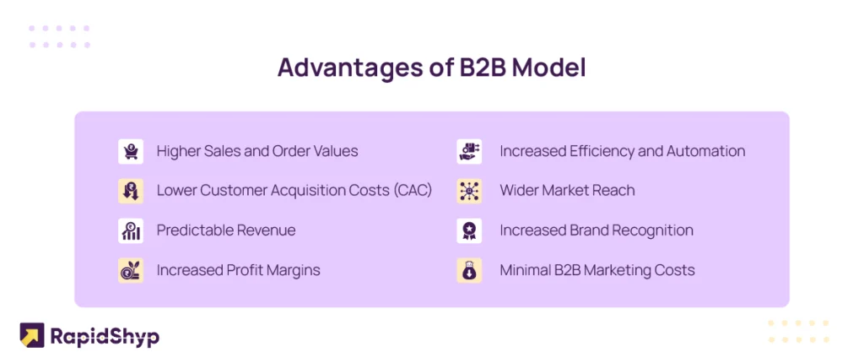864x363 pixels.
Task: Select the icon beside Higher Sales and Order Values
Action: (x=131, y=151)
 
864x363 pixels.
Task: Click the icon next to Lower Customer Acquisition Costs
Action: (x=131, y=191)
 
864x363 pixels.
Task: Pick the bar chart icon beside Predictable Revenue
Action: (x=131, y=230)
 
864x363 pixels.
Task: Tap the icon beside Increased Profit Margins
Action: (x=131, y=270)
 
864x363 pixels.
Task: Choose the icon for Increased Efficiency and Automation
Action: (x=469, y=151)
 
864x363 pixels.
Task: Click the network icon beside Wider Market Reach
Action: (x=469, y=191)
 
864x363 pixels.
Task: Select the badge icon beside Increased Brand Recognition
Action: (x=469, y=230)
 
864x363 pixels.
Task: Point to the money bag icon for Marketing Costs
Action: (x=469, y=270)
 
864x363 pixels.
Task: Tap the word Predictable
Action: (x=188, y=230)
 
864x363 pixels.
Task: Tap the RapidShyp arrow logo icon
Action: (x=32, y=335)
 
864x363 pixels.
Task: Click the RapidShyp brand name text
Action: (x=105, y=336)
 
